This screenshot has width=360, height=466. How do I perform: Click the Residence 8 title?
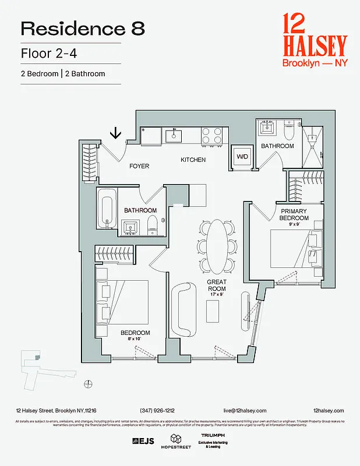point(83,28)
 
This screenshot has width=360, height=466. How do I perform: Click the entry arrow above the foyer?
point(115,133)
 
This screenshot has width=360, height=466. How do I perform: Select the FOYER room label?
point(139,166)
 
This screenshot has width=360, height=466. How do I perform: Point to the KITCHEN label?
point(193,160)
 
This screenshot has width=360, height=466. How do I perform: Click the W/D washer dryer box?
point(241,156)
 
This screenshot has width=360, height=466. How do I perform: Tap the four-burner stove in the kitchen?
point(212,136)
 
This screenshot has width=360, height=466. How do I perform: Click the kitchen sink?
point(173,136)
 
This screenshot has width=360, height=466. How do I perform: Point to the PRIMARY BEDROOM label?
point(294,214)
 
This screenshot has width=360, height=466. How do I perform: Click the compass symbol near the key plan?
point(88,383)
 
